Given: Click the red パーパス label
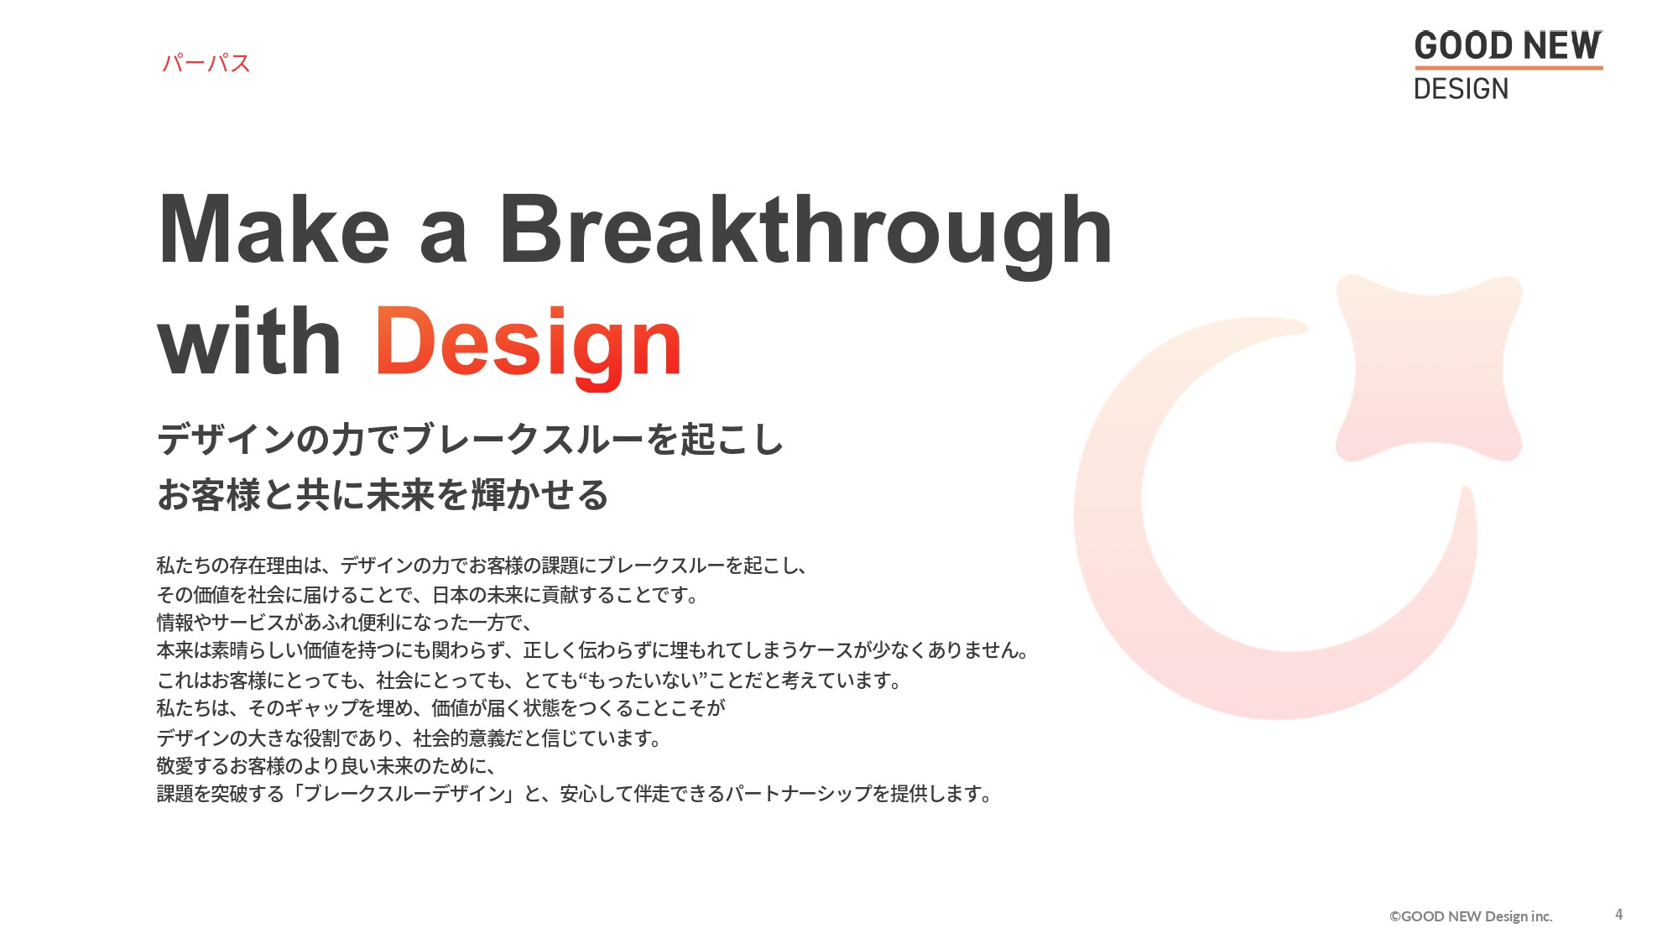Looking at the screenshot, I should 206,63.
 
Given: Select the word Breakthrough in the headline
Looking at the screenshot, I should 805,231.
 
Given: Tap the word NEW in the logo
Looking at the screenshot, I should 1561,45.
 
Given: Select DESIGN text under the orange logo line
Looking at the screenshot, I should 1461,88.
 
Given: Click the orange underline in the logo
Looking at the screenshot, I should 1508,67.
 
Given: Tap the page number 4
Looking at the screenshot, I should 1618,914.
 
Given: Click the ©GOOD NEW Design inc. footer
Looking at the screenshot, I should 1470,916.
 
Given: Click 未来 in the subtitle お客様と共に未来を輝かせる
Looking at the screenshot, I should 400,494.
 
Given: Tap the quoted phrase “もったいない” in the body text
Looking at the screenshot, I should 641,680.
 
